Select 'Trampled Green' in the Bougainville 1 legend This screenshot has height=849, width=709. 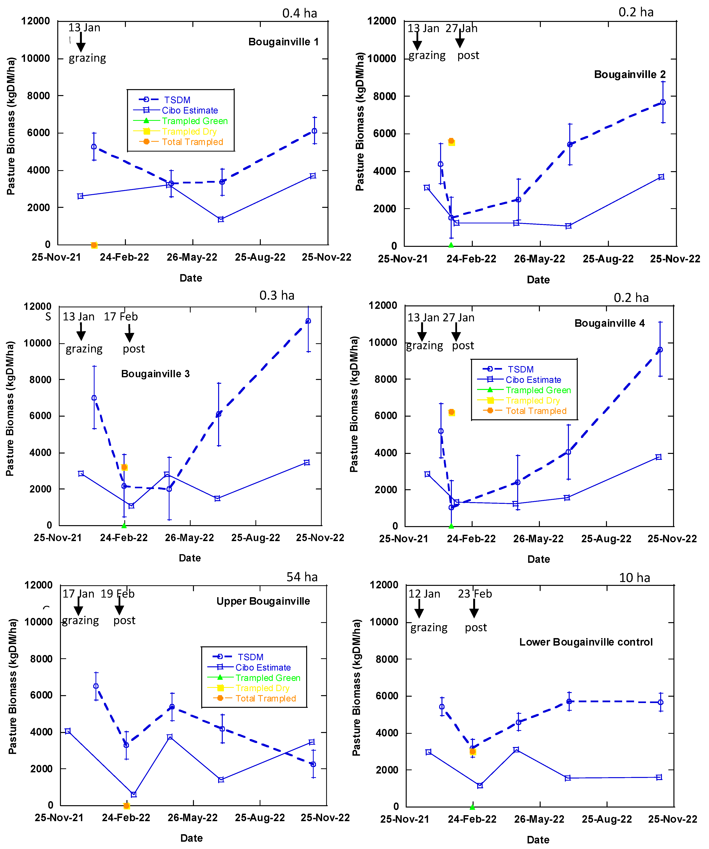(194, 121)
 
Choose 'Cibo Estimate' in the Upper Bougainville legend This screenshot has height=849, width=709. (263, 667)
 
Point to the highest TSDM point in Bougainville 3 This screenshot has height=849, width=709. (308, 321)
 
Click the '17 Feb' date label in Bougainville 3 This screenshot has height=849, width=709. (121, 317)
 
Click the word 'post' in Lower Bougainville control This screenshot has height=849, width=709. (476, 628)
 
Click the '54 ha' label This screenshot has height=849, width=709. (302, 577)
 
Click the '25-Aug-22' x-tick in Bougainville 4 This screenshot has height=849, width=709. (606, 539)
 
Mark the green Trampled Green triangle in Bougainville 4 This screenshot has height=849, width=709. (451, 526)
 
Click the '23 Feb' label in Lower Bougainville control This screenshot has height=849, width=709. (475, 594)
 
